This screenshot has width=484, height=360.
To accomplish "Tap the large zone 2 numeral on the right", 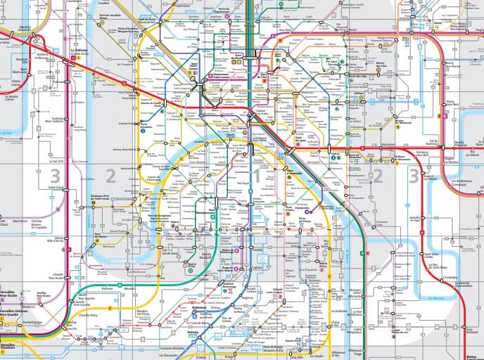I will (x=378, y=175).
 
